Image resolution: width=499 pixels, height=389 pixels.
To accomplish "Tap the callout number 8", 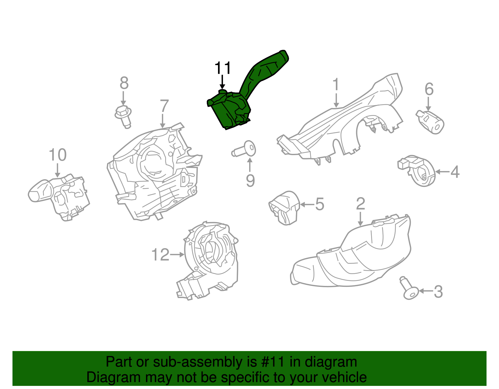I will point(124,83).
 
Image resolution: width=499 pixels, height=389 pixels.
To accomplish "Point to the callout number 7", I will point(164,106).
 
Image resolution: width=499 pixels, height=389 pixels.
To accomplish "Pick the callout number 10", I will point(58,155).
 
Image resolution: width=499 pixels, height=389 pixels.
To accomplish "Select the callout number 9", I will point(250,181).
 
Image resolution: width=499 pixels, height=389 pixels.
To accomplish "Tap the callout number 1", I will point(336,84).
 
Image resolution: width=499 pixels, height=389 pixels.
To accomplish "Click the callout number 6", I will point(429,89).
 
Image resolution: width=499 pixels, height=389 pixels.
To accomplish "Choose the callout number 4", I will point(455,172).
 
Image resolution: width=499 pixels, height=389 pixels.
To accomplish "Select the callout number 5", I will point(320,204).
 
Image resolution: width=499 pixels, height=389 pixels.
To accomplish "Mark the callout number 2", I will point(361,204).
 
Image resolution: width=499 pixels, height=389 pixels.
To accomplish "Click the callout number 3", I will point(438,292).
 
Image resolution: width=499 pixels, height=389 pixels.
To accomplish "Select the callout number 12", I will point(160,255).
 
